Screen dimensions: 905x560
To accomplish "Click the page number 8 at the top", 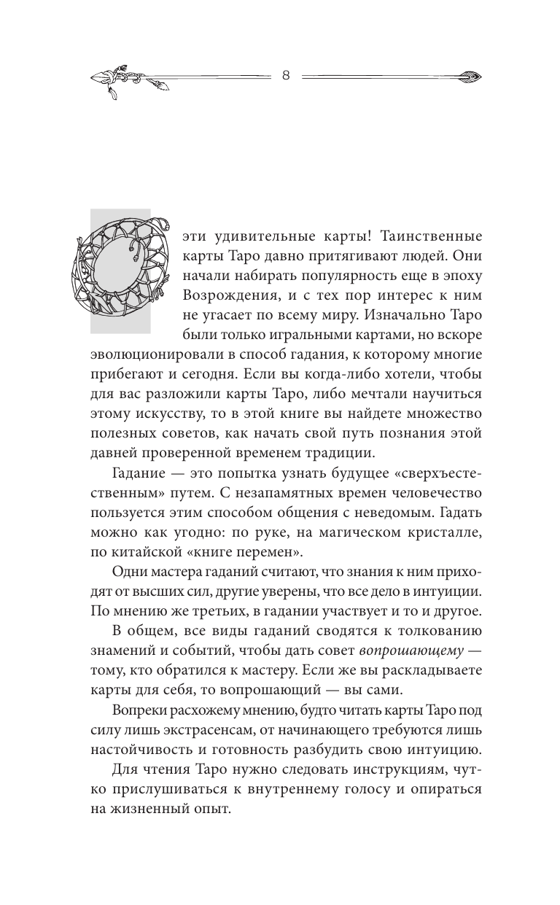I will pyautogui.click(x=286, y=75).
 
